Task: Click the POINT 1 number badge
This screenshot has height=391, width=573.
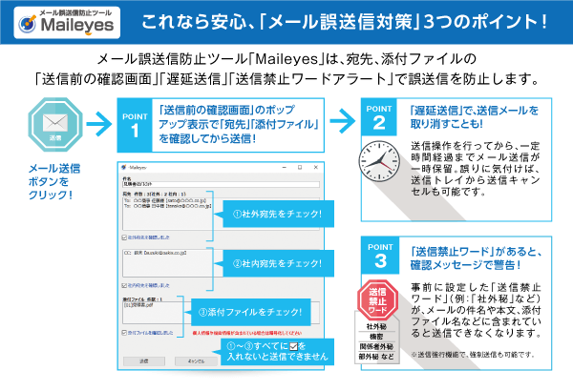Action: (x=136, y=123)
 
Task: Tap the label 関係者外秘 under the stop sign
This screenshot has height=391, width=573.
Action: (x=377, y=348)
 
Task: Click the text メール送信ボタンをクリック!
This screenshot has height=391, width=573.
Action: (x=54, y=181)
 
